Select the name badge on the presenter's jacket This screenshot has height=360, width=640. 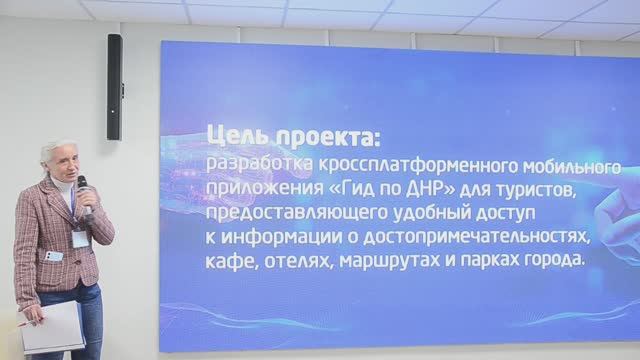tap(80, 238)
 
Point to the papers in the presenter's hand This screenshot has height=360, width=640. tap(52, 326)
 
